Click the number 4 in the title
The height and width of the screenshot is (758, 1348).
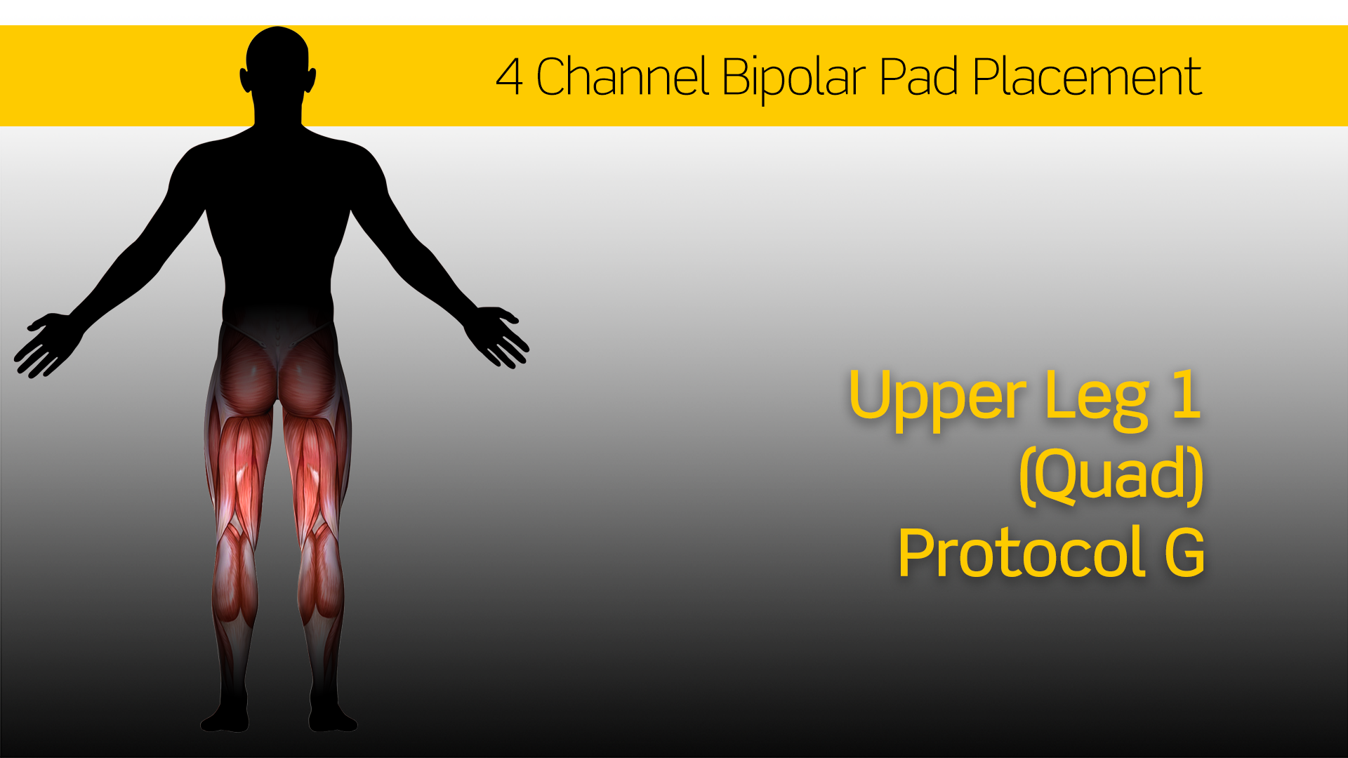(509, 77)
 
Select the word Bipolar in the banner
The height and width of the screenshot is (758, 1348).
(793, 79)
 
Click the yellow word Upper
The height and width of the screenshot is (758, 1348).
(937, 399)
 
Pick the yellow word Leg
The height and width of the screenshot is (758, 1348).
(1096, 399)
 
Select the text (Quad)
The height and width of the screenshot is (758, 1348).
(1111, 474)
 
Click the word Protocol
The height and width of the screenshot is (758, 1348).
(1022, 552)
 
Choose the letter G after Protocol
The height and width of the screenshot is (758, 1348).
(1184, 552)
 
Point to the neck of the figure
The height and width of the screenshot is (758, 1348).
(278, 112)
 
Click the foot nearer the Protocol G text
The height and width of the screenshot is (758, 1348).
(333, 716)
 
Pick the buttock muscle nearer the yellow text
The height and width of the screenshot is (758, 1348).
(309, 375)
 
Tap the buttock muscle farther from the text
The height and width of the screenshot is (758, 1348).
(247, 375)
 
